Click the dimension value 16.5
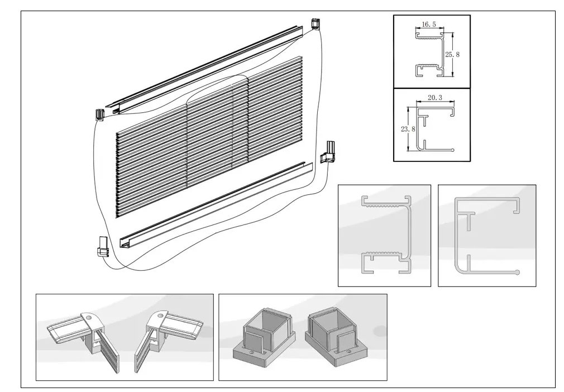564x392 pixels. click(429, 25)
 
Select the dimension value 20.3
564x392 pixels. click(436, 97)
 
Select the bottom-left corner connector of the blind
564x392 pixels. click(102, 246)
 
